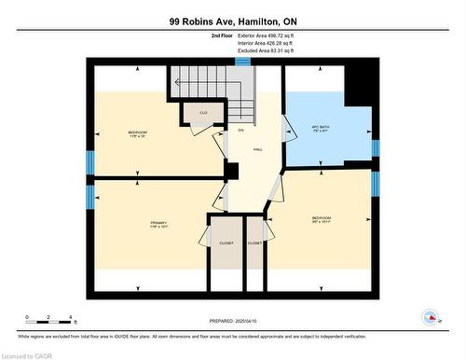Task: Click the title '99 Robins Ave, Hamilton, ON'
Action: click(232, 21)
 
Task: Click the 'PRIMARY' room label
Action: click(158, 223)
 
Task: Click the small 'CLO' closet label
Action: click(202, 114)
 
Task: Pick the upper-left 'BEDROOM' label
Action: click(137, 133)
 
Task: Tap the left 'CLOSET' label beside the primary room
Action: click(226, 242)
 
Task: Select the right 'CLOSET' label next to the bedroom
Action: click(254, 242)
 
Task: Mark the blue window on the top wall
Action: click(242, 62)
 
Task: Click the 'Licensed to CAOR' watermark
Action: click(28, 354)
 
